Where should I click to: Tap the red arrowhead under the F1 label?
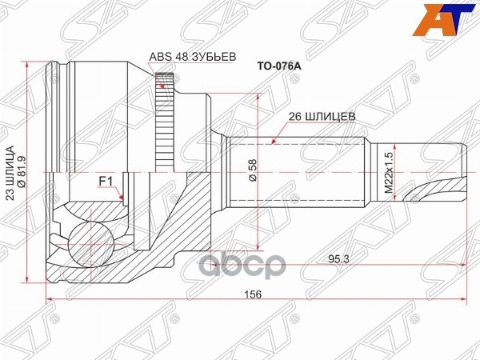point(121,197)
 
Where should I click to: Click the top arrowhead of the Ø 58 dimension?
point(258,96)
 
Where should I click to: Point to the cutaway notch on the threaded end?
point(440,190)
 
